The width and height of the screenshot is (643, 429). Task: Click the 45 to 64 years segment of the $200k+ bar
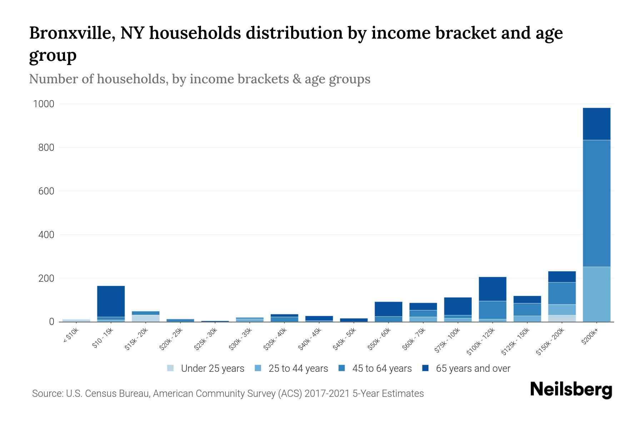click(596, 203)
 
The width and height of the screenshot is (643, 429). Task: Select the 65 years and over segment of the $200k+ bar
click(596, 124)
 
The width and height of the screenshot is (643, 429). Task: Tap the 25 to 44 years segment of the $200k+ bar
click(596, 294)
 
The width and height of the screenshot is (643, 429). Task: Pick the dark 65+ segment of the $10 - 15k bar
click(111, 301)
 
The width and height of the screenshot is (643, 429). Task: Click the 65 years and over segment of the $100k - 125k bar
click(492, 289)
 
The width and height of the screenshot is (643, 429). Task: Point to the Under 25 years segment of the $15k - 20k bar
click(145, 318)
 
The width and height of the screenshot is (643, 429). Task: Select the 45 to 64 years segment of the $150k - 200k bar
click(562, 293)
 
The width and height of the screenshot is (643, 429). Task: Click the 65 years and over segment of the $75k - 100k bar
click(458, 306)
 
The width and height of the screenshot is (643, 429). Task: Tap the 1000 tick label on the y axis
click(44, 104)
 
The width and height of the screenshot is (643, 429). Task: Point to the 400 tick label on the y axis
click(46, 235)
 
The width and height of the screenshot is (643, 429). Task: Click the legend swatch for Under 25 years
click(170, 368)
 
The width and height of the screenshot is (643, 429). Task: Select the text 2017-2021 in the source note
click(327, 394)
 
